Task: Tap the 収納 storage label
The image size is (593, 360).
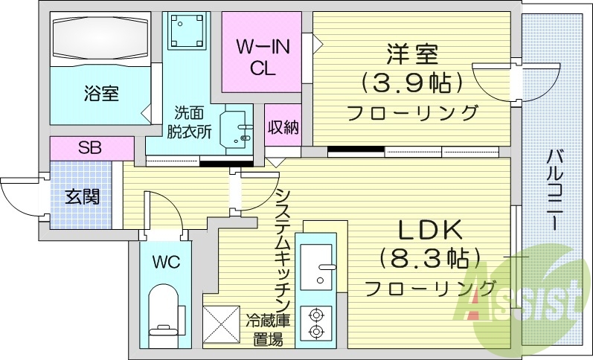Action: click(x=283, y=127)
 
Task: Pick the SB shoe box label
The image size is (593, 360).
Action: click(x=90, y=147)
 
